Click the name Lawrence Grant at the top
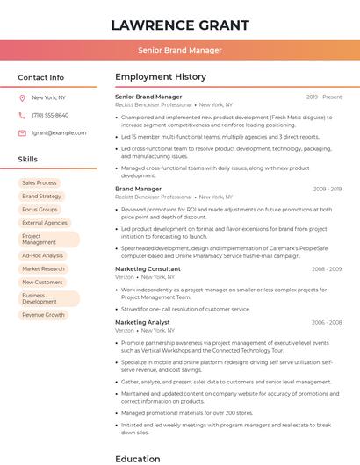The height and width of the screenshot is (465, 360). coord(180,25)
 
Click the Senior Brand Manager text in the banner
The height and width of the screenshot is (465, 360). coord(180,50)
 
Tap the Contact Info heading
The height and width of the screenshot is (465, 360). coord(41,77)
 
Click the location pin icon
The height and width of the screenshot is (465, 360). coord(22,97)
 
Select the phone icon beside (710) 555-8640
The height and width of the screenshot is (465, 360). coord(22,115)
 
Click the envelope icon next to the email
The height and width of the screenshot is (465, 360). coord(22,132)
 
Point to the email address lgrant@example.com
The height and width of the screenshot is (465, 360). coord(59,132)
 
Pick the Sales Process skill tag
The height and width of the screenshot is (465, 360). coord(40,183)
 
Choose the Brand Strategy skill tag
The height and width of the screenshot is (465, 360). coord(42,197)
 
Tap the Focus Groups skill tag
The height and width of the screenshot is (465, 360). coord(40,210)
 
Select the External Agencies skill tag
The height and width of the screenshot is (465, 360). coord(45,223)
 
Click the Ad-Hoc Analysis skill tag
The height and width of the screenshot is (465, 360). coord(42,256)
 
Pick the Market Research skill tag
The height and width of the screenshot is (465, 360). coord(43,269)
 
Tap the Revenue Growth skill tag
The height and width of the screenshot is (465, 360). coord(44,315)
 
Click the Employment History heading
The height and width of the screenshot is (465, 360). coord(161,77)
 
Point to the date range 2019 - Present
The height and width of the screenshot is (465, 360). coord(324,97)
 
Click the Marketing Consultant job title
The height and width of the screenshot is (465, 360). coord(148,268)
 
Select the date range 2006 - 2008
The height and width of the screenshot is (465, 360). coord(326,322)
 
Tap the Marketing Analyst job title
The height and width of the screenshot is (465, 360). coord(142,322)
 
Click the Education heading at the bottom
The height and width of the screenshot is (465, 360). coord(137,458)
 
